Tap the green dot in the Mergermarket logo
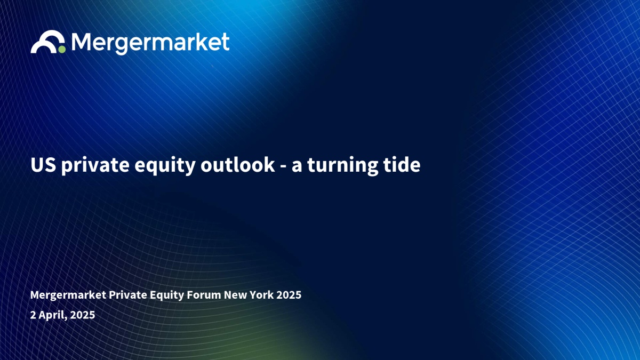pyautogui.click(x=62, y=50)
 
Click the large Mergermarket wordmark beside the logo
pyautogui.click(x=150, y=43)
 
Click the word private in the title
pyautogui.click(x=95, y=165)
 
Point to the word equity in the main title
pyautogui.click(x=165, y=166)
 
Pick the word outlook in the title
pyautogui.click(x=238, y=165)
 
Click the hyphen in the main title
pyautogui.click(x=283, y=166)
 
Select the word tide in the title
pyautogui.click(x=402, y=165)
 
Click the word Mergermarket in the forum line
pyautogui.click(x=68, y=295)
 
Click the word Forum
pyautogui.click(x=204, y=294)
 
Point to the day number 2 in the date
pyautogui.click(x=33, y=315)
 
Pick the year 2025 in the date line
pyautogui.click(x=83, y=315)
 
